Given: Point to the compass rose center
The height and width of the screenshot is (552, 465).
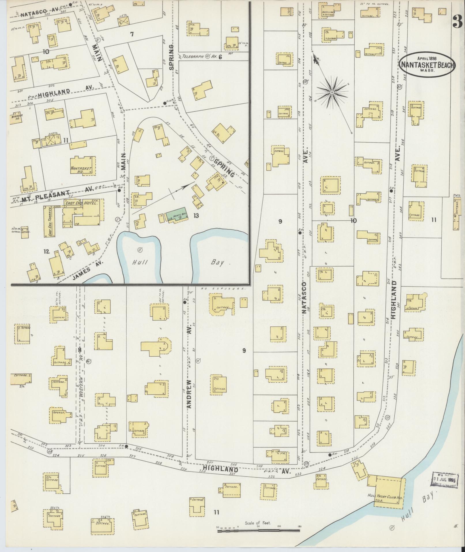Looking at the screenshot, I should tap(332, 92).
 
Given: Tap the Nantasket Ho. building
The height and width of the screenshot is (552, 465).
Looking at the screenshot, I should tap(83, 166).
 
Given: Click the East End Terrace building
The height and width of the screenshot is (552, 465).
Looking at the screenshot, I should tap(48, 221).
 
